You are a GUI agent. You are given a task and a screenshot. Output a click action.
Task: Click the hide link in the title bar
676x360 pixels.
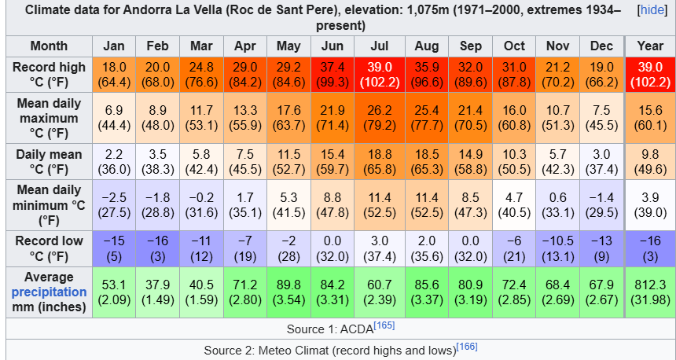[652, 10]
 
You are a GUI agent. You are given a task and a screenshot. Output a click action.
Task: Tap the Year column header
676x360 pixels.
[650, 46]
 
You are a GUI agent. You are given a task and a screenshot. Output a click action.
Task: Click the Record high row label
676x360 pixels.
[49, 75]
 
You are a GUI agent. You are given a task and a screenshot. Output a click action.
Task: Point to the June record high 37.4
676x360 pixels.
[332, 75]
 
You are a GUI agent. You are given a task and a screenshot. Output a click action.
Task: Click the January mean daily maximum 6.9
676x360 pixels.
[114, 118]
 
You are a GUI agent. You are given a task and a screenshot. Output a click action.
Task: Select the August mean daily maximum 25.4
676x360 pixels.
[426, 118]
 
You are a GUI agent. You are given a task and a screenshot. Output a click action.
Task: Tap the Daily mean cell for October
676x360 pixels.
[514, 162]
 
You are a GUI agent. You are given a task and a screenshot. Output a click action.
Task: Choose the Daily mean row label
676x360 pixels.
[49, 162]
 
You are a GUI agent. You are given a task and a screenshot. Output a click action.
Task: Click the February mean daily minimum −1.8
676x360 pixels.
[157, 204]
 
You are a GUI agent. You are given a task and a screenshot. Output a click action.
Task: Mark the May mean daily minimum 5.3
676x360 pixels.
[288, 204]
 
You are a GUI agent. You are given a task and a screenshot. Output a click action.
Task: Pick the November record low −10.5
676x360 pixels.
[557, 248]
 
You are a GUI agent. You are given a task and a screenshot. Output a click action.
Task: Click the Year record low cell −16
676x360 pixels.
[650, 248]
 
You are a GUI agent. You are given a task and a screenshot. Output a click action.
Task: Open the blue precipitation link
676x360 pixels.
[49, 292]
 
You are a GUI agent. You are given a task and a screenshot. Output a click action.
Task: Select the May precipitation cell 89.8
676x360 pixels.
[288, 291]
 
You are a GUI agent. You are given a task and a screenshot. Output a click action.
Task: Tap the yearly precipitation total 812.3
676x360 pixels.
[650, 291]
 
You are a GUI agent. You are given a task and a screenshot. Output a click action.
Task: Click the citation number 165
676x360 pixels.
[384, 324]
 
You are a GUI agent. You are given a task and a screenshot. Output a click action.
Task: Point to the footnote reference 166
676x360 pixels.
[468, 346]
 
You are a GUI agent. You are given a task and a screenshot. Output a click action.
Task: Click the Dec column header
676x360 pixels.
[601, 46]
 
